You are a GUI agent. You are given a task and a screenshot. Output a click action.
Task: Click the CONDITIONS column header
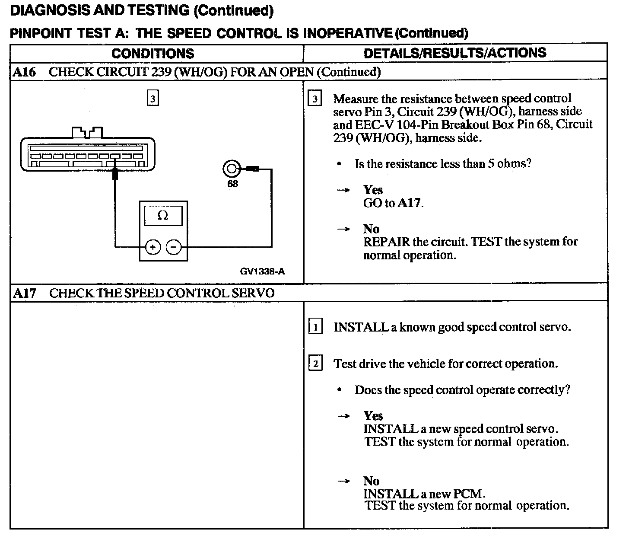point(153,53)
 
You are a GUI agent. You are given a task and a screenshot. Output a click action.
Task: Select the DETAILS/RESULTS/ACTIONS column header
point(455,53)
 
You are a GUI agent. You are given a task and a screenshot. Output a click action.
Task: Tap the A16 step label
point(24,72)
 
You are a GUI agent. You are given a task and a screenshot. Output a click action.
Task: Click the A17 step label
point(24,293)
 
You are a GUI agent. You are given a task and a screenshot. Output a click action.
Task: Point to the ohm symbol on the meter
point(163,216)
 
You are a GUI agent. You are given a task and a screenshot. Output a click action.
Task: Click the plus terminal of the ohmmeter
point(153,247)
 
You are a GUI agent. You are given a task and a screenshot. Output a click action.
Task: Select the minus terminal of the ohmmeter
point(174,247)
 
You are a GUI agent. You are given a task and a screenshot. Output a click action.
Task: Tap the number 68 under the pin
point(232,184)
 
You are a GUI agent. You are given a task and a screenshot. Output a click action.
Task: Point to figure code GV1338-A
point(262,271)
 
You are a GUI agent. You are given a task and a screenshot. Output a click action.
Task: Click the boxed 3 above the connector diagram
point(152,99)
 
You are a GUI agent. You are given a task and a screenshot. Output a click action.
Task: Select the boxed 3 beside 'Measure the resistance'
point(314,99)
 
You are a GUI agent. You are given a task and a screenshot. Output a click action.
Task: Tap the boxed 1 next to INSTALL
point(315,327)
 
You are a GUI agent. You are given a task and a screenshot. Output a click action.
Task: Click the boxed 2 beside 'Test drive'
point(315,364)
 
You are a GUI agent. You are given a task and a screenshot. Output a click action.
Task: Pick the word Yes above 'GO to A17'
point(373,190)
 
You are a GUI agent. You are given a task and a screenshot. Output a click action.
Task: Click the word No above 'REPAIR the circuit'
point(371,229)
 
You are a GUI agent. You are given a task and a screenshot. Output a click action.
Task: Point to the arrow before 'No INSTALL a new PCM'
point(343,481)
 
